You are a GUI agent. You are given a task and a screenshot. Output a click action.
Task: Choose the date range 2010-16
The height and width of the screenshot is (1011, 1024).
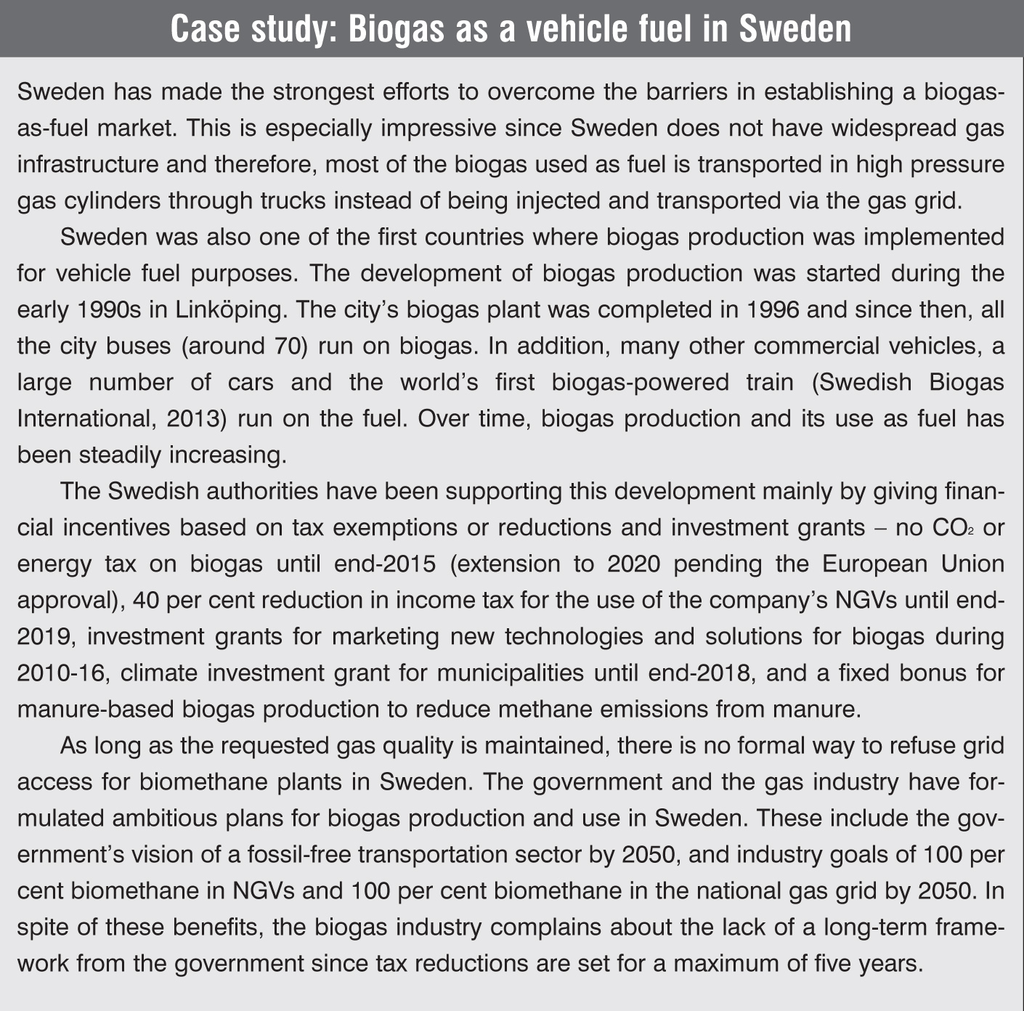tap(62, 673)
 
